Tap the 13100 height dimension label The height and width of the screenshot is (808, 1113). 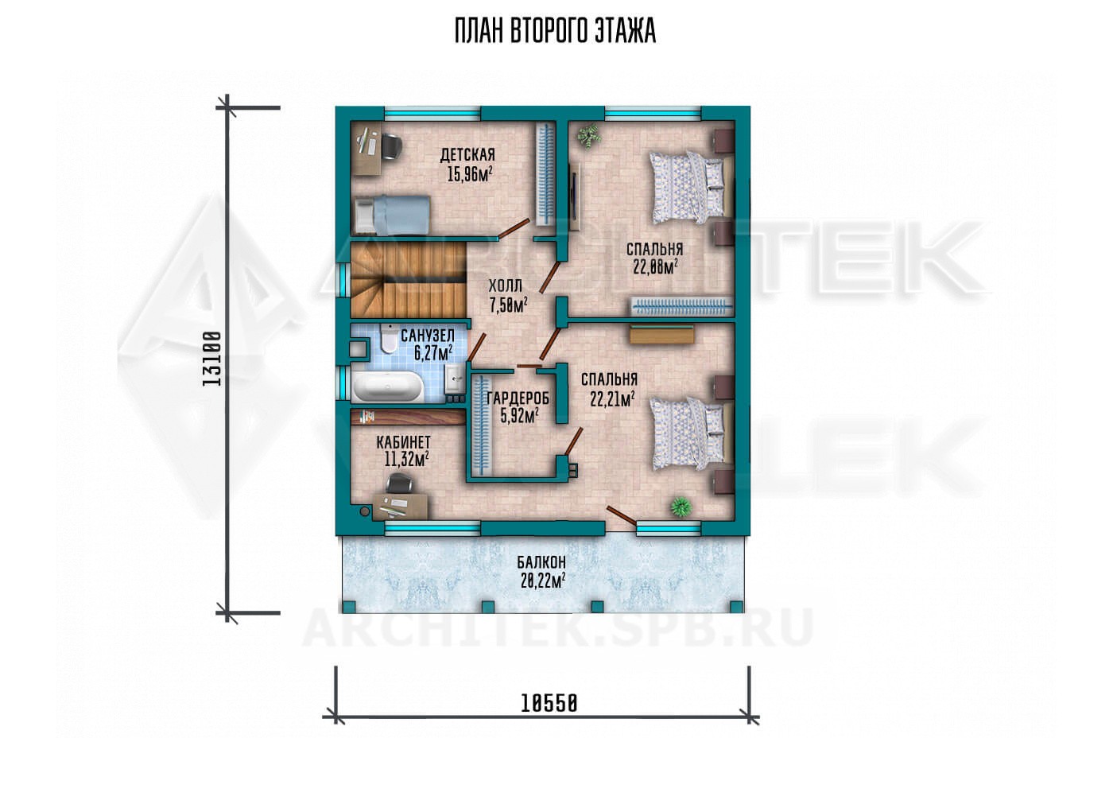coord(212,359)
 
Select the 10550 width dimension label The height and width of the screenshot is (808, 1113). coord(549,703)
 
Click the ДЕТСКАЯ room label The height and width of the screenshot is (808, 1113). coord(467,155)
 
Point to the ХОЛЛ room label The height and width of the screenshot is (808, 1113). coord(506,286)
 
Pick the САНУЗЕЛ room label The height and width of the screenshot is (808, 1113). coord(428,336)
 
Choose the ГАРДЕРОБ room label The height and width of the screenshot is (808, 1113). coord(518,398)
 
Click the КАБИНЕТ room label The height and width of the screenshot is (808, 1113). coord(404,441)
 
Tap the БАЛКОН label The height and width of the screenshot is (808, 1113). coord(541,562)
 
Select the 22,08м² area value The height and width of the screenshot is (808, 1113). coord(655,267)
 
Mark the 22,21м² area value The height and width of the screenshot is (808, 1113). coord(612,398)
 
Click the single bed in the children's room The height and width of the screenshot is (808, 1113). coord(391,215)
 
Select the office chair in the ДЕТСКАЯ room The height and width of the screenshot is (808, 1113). coord(392,148)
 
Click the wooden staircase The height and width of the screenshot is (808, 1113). coord(409,279)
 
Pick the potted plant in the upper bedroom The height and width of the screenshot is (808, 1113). coord(589,135)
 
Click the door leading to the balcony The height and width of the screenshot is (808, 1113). coord(621,515)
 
